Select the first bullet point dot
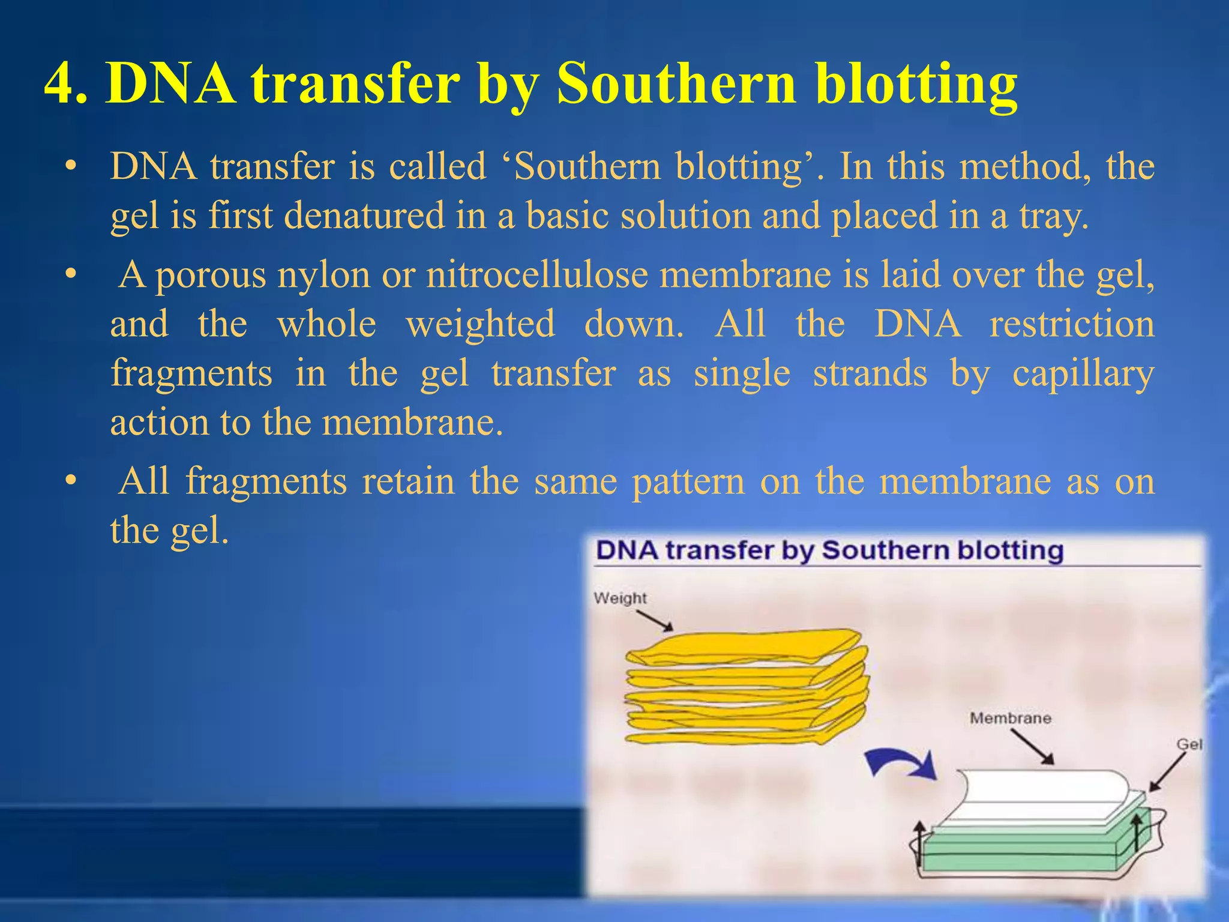(x=71, y=166)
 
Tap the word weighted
(x=480, y=324)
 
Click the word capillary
(x=1083, y=373)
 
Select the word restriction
(x=1072, y=324)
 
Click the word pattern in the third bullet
(x=688, y=481)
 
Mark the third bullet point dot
(x=71, y=481)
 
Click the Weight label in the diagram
(x=620, y=598)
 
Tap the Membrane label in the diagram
(x=1010, y=718)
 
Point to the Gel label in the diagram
(x=1189, y=744)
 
